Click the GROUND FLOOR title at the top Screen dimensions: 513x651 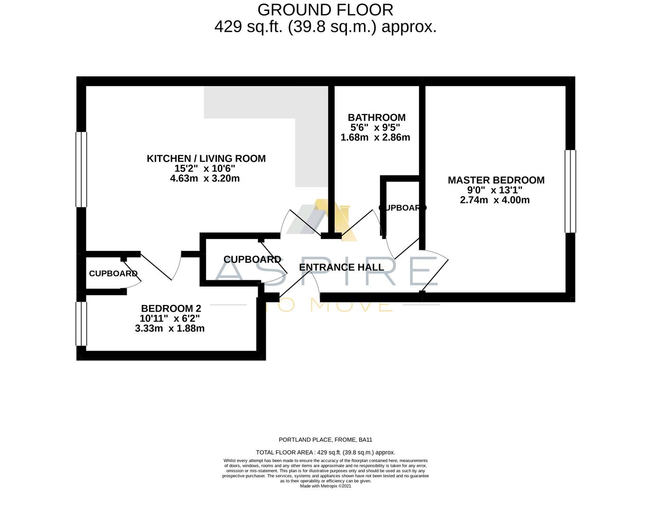point(325,9)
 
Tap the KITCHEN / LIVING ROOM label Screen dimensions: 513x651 point(206,159)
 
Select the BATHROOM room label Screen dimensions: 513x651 point(376,117)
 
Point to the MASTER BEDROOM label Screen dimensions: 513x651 point(496,180)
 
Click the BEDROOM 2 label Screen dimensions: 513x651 point(167,308)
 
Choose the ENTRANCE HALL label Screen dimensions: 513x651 point(341,267)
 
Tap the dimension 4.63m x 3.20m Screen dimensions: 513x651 point(205,179)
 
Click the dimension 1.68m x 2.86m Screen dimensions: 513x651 point(375,137)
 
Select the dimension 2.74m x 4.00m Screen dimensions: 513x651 point(494,200)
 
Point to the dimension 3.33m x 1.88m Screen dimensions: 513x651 point(169,328)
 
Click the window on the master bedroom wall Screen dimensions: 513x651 point(570,191)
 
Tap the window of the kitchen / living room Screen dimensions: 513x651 point(82,170)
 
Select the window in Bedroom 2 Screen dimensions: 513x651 point(82,323)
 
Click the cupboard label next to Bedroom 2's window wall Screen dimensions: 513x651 point(113,274)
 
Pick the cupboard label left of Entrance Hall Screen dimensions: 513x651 point(252,259)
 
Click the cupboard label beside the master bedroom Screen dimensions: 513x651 point(402,208)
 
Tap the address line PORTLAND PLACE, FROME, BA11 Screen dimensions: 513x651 point(325,440)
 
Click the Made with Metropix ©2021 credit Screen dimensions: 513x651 point(325,486)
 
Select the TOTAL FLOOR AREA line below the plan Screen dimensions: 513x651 point(325,452)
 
